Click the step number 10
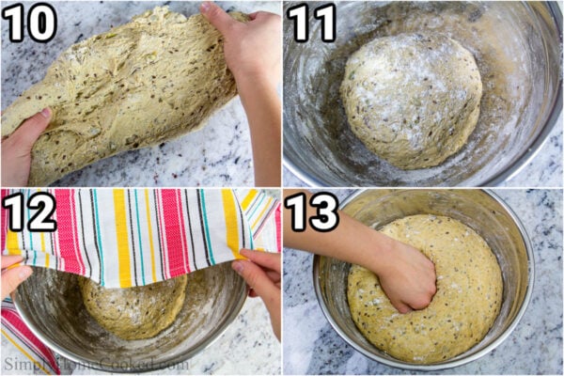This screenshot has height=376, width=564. click(x=29, y=23)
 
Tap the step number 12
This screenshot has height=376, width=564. click(x=29, y=211)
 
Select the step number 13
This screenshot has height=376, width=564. click(x=312, y=211)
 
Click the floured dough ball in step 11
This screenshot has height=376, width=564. click(x=411, y=99)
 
